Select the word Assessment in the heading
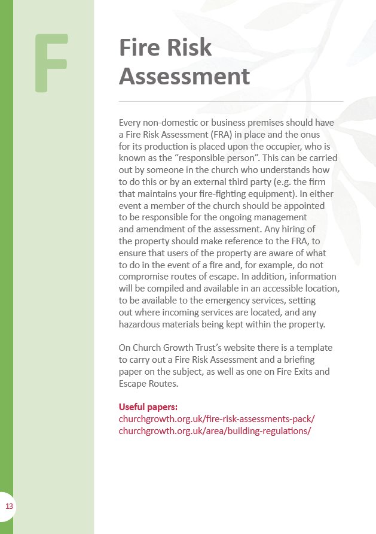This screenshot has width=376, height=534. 184,77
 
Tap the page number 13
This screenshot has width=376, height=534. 9,507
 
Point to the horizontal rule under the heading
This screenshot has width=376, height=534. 231,102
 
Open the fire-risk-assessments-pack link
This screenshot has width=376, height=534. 216,419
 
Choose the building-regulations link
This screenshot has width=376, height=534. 215,430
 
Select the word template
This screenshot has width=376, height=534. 314,347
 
